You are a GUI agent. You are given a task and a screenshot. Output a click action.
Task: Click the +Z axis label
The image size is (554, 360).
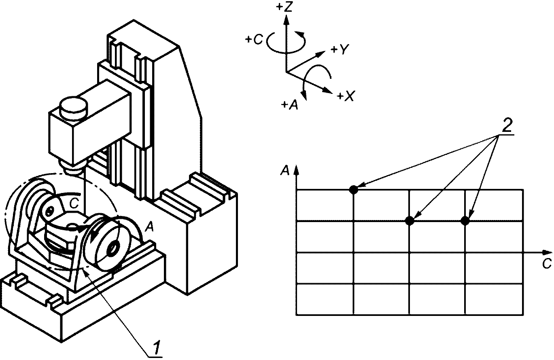(x=284, y=7)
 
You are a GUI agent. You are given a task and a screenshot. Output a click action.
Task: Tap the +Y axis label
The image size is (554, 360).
(x=340, y=49)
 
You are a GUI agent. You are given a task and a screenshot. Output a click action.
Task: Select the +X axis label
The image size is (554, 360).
(x=346, y=95)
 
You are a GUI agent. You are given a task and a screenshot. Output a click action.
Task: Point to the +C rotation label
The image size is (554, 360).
(x=254, y=40)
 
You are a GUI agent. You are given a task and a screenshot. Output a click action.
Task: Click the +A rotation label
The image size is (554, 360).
(x=290, y=105)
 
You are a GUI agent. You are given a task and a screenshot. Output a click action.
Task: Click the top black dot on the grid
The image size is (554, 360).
(x=353, y=190)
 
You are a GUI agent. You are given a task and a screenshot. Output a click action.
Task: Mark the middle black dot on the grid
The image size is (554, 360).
(x=410, y=221)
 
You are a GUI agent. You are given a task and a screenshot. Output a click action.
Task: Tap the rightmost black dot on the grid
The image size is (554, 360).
(x=465, y=221)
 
